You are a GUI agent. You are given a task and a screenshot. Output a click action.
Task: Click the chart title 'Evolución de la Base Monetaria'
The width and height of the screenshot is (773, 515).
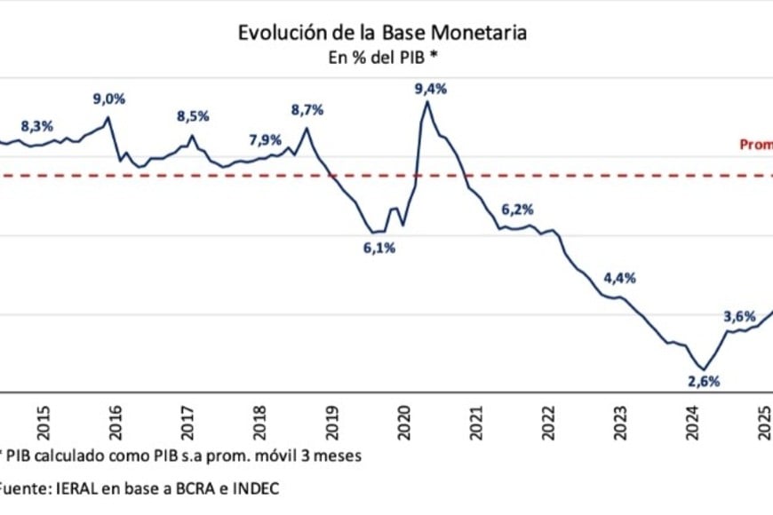(382, 33)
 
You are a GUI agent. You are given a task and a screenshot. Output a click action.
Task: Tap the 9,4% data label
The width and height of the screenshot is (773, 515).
(430, 89)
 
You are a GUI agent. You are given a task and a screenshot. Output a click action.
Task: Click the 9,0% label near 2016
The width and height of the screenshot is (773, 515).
(109, 99)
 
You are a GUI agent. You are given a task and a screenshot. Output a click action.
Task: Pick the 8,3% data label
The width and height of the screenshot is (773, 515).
(36, 126)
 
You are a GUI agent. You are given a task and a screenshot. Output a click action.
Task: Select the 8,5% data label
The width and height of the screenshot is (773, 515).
(193, 115)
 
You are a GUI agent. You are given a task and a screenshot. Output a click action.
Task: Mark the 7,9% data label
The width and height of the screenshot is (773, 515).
(265, 139)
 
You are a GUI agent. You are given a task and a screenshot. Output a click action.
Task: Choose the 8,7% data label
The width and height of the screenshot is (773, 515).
(307, 110)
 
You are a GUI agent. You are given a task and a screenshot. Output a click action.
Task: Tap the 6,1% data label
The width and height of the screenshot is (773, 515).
(379, 248)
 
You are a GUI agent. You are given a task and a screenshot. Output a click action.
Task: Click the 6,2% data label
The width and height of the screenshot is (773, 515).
(517, 210)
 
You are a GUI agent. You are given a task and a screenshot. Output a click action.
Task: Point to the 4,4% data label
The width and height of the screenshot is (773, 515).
(619, 278)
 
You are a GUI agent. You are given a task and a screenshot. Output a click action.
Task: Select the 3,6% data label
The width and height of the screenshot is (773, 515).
(739, 316)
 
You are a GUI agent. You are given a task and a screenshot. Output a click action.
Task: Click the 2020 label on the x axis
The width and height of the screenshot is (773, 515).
(404, 417)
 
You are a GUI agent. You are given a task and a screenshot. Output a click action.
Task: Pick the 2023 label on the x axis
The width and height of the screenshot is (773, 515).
(620, 417)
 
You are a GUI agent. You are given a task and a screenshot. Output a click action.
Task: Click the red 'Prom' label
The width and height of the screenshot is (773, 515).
(756, 145)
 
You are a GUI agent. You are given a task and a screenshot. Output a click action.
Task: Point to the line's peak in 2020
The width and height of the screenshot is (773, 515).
(427, 102)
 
